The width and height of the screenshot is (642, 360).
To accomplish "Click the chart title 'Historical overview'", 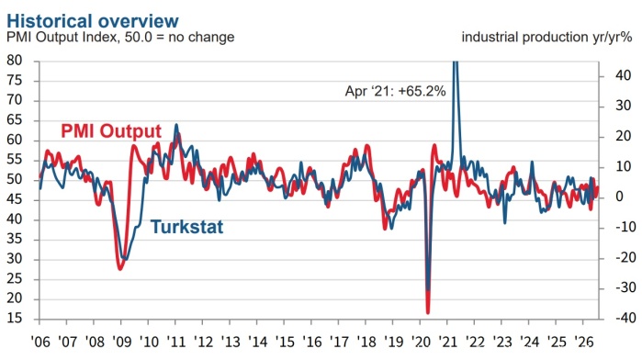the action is pyautogui.click(x=93, y=21).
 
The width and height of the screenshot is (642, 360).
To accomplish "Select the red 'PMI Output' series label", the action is pyautogui.click(x=111, y=131).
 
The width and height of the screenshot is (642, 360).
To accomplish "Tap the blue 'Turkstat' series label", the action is pyautogui.click(x=187, y=227).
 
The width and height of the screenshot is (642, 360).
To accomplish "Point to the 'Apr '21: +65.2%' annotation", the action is pyautogui.click(x=395, y=91).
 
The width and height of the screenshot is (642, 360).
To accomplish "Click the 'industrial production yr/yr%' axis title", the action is pyautogui.click(x=547, y=37).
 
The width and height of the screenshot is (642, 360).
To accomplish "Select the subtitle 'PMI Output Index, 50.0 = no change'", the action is pyautogui.click(x=120, y=37).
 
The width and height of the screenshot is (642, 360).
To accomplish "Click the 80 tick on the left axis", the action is pyautogui.click(x=15, y=61).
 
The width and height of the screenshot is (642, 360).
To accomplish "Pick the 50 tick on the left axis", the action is pyautogui.click(x=15, y=179).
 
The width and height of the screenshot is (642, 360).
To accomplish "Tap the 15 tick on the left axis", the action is pyautogui.click(x=15, y=319).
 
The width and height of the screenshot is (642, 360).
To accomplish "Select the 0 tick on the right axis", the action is pyautogui.click(x=619, y=197).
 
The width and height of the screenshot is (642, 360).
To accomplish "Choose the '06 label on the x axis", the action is pyautogui.click(x=40, y=341).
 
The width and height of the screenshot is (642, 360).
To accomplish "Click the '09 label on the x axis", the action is pyautogui.click(x=121, y=341).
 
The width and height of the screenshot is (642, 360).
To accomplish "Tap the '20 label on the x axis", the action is pyautogui.click(x=421, y=341).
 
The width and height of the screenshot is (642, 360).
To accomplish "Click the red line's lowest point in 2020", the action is pyautogui.click(x=428, y=313).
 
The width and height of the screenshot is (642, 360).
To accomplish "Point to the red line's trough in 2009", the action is pyautogui.click(x=120, y=269).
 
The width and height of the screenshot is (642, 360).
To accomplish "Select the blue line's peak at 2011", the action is pyautogui.click(x=176, y=125).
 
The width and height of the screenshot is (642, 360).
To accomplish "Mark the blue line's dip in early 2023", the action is pyautogui.click(x=504, y=223).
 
